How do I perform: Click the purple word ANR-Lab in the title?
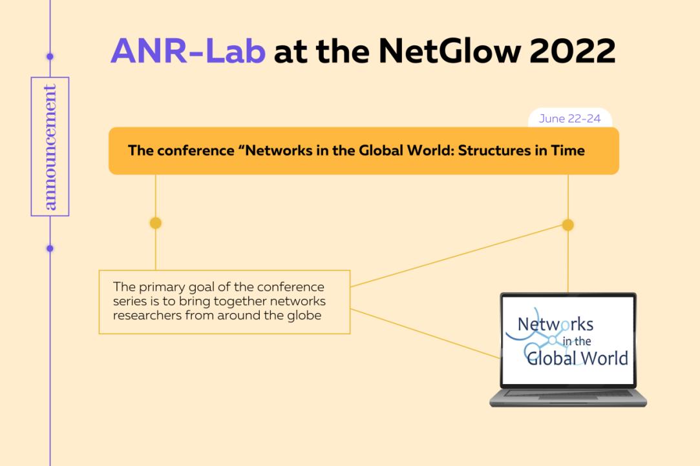(x=188, y=51)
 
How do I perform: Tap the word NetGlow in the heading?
(x=450, y=51)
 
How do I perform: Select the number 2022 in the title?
(x=573, y=51)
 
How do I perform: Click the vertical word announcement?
(x=50, y=147)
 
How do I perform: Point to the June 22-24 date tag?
(x=569, y=119)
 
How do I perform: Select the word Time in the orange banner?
(x=568, y=151)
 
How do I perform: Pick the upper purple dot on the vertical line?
(x=50, y=57)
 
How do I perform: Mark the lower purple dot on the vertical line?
(x=50, y=248)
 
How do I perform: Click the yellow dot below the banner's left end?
(x=155, y=223)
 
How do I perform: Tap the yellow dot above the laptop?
(x=568, y=225)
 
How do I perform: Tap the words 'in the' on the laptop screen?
(x=577, y=341)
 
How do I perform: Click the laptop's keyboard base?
(x=568, y=398)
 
